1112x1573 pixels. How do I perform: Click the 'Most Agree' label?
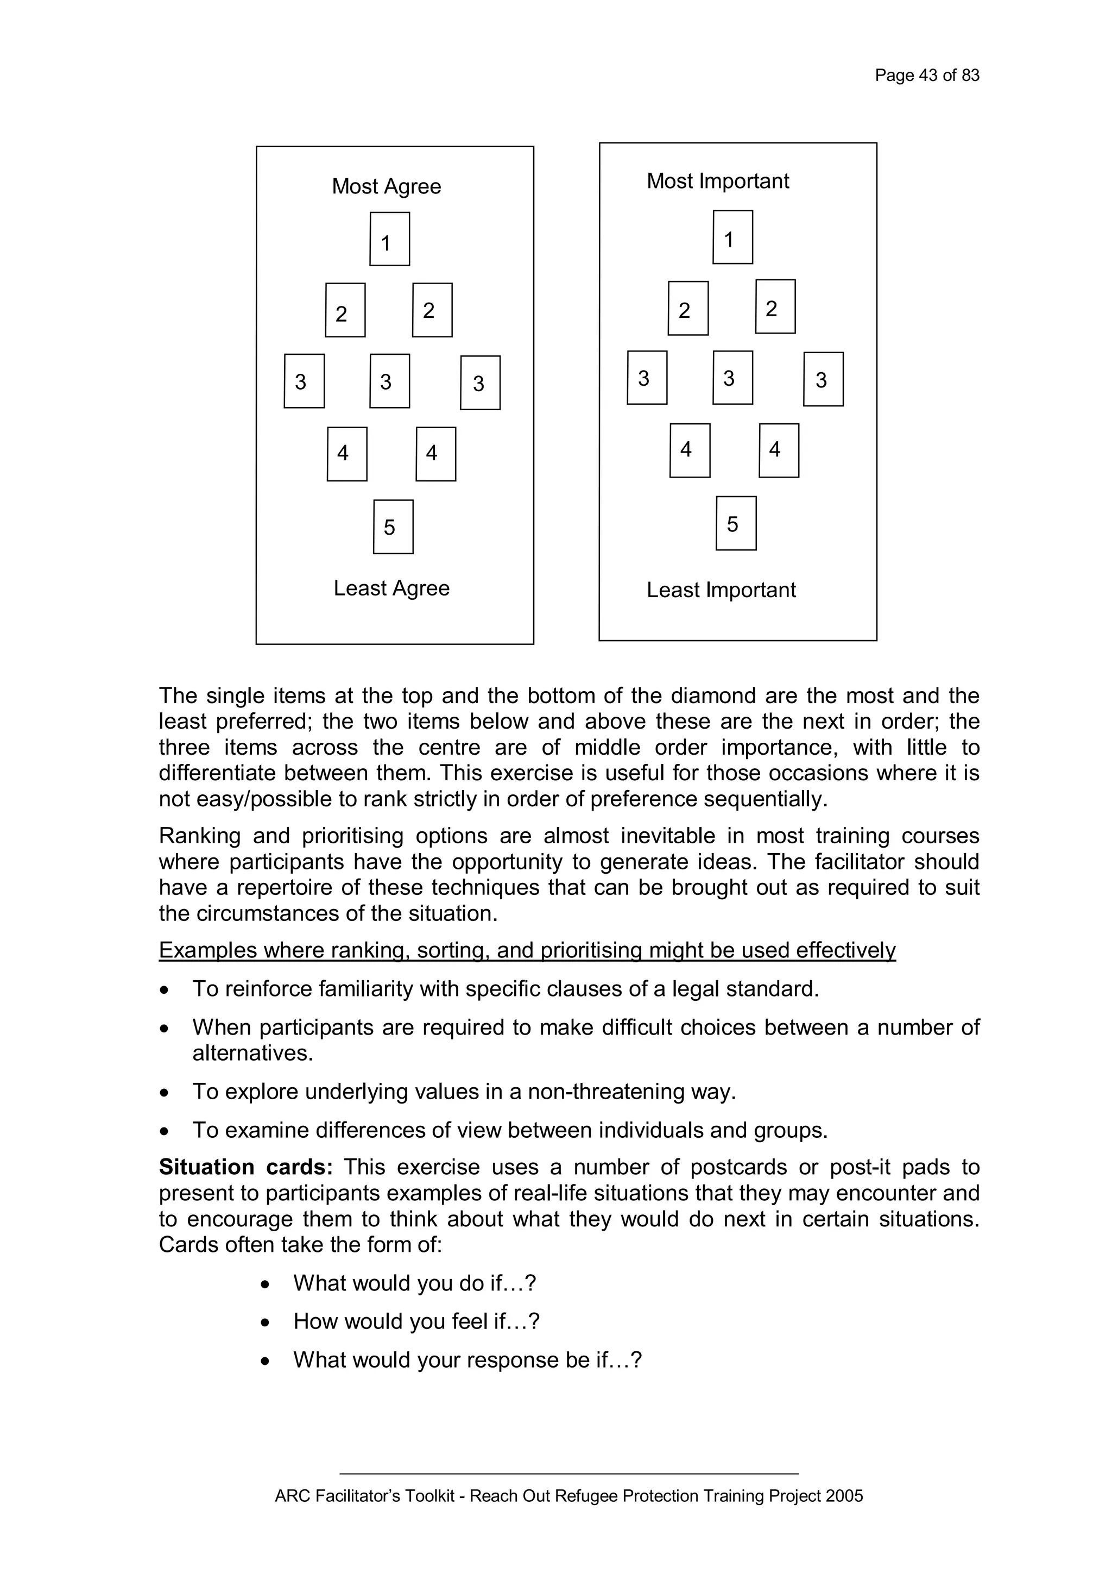386,186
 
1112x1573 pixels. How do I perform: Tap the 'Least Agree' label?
391,588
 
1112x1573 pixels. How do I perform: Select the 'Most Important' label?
718,181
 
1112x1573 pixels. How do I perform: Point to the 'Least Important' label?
721,590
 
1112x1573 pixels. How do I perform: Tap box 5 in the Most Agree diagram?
393,527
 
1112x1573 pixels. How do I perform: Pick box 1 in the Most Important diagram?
732,237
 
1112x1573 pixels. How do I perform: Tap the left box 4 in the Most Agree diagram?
347,454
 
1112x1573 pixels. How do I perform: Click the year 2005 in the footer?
844,1496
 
